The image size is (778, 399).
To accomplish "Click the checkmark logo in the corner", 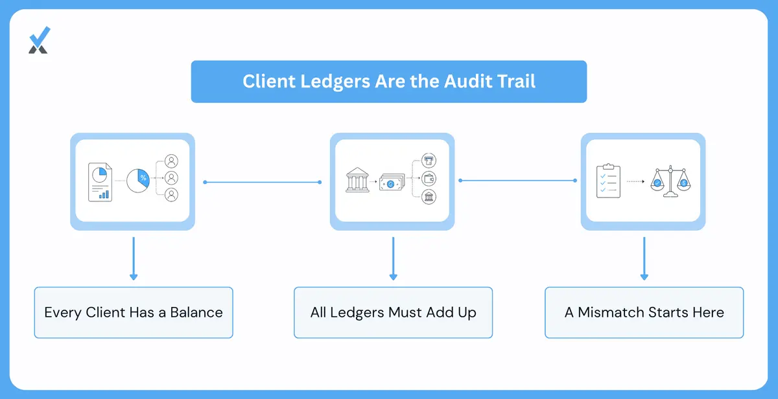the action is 40,40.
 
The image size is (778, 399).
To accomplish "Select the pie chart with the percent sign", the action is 138,181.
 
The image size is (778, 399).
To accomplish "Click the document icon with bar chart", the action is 100,182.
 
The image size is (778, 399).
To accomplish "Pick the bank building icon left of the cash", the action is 357,180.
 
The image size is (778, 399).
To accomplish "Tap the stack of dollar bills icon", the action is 392,182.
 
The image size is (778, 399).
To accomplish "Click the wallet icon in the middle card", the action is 429,179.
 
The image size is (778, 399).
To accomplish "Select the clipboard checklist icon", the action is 608,181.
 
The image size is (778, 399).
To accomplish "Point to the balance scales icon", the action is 670,181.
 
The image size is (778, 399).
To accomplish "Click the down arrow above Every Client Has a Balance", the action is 134,258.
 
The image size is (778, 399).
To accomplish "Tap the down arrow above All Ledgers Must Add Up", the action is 393,258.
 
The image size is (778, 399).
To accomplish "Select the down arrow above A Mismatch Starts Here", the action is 644,258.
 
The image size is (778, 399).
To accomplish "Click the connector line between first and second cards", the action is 262,182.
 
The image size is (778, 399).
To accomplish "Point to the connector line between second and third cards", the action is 517,181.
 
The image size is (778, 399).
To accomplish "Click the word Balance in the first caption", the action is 196,313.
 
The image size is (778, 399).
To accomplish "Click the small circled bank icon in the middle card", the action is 429,197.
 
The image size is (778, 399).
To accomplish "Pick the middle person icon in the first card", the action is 171,178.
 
